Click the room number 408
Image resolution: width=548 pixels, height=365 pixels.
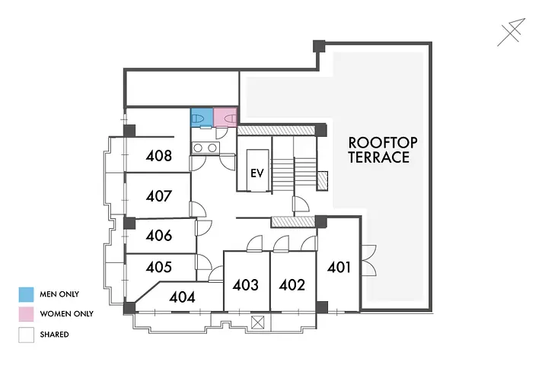coord(159,156)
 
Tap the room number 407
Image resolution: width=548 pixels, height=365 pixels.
coord(159,196)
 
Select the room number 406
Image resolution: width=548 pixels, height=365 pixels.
coord(159,236)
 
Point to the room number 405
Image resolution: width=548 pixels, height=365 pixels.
coord(159,267)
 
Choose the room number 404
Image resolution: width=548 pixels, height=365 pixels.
coord(182,297)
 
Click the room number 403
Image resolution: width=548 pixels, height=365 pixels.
coord(246,285)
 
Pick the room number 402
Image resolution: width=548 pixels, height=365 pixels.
coord(292,285)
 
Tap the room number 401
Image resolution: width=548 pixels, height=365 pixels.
coord(339,267)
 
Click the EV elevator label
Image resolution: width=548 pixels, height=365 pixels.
coord(257,173)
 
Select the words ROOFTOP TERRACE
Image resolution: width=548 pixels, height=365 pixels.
coord(382,151)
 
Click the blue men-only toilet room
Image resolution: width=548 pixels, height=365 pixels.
coord(202,117)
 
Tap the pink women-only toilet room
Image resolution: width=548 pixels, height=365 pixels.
coord(225,117)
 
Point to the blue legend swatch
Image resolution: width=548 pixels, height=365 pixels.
coord(26,294)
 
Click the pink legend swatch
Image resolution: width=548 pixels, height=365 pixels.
coord(26,314)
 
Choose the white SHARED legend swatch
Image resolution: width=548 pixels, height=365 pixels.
coord(26,335)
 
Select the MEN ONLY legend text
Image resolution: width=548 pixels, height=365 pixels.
coord(59,294)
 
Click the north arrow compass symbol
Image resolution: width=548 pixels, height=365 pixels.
coord(511,32)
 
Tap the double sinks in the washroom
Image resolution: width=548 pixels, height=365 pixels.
coord(205,148)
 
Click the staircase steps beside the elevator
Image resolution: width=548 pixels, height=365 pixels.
coord(294,174)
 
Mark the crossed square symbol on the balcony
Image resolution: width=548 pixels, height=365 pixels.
coord(257,322)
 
